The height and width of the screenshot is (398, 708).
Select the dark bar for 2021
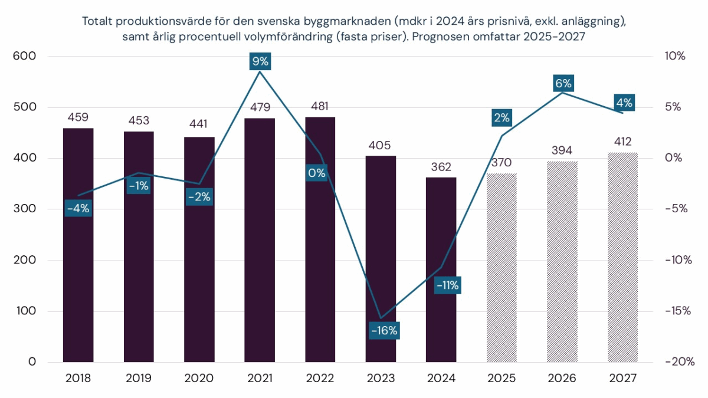pyautogui.click(x=260, y=248)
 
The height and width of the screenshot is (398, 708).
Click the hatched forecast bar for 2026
pyautogui.click(x=562, y=265)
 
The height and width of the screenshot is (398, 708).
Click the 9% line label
pyautogui.click(x=260, y=61)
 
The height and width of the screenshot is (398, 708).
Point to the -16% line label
pyautogui.click(x=384, y=330)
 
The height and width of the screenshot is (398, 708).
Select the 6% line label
pyautogui.click(x=563, y=83)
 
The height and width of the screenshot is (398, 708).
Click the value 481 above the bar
pyautogui.click(x=320, y=106)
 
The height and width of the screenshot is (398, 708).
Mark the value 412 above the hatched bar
pyautogui.click(x=622, y=142)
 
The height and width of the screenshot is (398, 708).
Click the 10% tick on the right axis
pyautogui.click(x=675, y=57)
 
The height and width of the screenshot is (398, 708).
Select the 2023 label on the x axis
pyautogui.click(x=381, y=378)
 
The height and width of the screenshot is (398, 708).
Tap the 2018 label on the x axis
pyautogui.click(x=78, y=378)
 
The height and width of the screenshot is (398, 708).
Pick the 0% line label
pyautogui.click(x=316, y=173)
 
